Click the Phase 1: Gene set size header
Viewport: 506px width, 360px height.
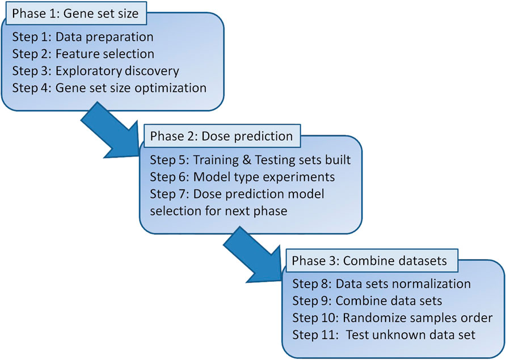pyautogui.click(x=76, y=13)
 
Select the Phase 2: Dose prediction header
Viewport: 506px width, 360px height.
pyautogui.click(x=222, y=136)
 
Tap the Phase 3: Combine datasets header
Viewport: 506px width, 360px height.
pyautogui.click(x=369, y=260)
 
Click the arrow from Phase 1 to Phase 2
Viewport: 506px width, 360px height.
pyautogui.click(x=111, y=130)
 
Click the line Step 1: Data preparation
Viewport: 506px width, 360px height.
pyautogui.click(x=83, y=37)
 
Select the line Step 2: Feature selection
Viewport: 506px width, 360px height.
pyautogui.click(x=83, y=54)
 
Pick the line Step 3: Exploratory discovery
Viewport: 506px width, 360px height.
pyautogui.click(x=95, y=71)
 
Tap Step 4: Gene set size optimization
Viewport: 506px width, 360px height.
pyautogui.click(x=109, y=88)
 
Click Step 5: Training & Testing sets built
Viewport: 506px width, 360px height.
pyautogui.click(x=250, y=160)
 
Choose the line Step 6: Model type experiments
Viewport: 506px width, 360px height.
pyautogui.click(x=242, y=177)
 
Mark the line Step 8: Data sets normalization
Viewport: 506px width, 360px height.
pyautogui.click(x=381, y=284)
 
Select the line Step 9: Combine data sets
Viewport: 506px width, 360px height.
pyautogui.click(x=367, y=300)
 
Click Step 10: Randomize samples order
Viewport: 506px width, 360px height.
pyautogui.click(x=393, y=317)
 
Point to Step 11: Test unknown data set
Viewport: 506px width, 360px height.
pyautogui.click(x=384, y=335)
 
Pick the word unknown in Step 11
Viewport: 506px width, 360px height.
pyautogui.click(x=397, y=335)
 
